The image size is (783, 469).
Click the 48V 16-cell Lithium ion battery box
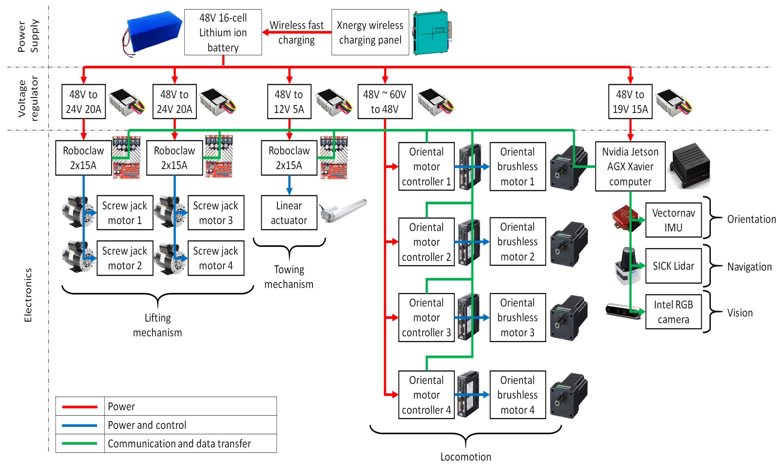point(223,32)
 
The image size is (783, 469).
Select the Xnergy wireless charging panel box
point(370,32)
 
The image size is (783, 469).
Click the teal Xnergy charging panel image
point(432,32)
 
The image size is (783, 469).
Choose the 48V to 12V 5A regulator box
point(289,101)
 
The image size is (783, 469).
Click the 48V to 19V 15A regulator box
point(630,101)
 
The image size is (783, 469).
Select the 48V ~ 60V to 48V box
point(385,101)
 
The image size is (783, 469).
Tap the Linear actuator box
point(289,213)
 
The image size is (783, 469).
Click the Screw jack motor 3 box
point(216,213)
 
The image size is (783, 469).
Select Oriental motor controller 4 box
point(426,394)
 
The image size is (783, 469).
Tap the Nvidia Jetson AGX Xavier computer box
point(630,166)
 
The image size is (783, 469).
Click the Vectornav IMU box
point(673,220)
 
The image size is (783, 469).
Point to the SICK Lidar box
point(673,266)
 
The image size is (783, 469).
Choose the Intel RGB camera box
point(673,312)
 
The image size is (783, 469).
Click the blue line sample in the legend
point(79,425)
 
